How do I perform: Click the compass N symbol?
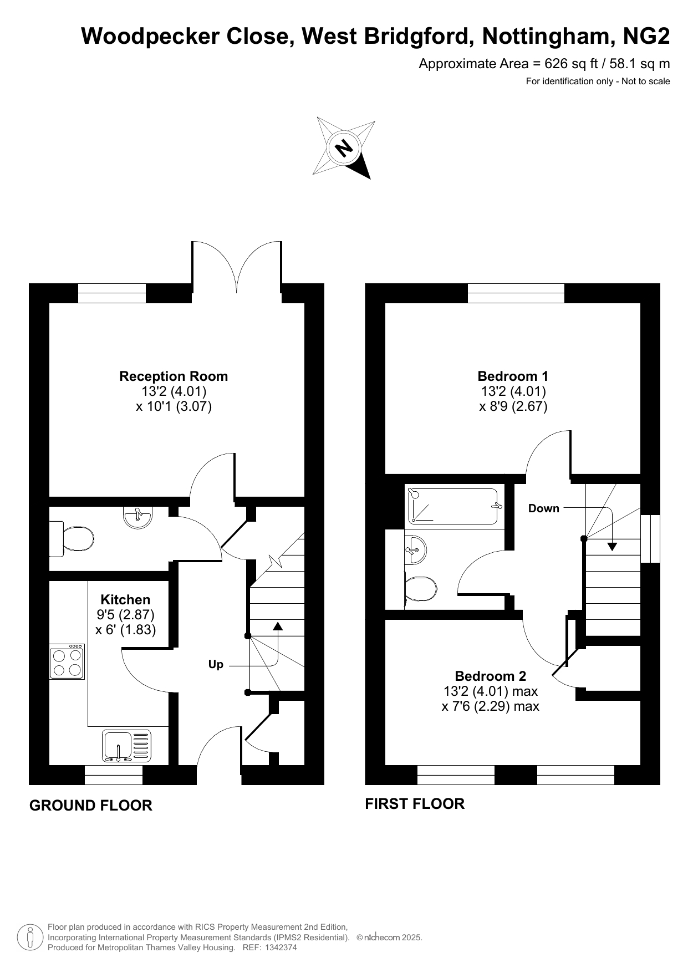coord(344,147)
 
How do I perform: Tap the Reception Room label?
coord(174,376)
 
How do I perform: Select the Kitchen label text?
coord(125,600)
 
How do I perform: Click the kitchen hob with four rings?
coord(67,661)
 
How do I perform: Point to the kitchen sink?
coord(126,745)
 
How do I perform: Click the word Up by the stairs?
coord(216,664)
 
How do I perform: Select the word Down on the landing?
coord(543,508)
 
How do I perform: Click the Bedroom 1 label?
coord(513,376)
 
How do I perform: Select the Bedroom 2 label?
coord(491,676)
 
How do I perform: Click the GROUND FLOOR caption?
coord(90,806)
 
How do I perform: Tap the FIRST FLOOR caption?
coord(415,804)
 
